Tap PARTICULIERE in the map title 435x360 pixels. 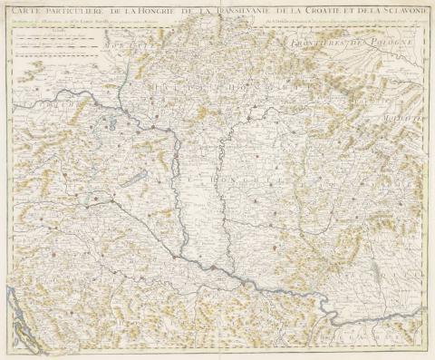coord(88,12)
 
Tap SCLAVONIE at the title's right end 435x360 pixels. coord(408,12)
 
